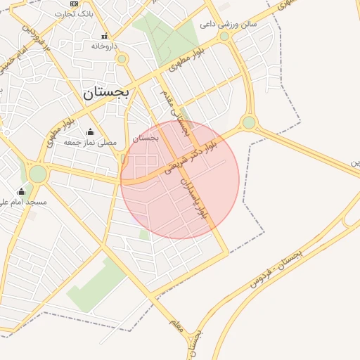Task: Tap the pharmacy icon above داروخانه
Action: pyautogui.click(x=105, y=35)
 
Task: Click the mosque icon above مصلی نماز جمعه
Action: pyautogui.click(x=90, y=131)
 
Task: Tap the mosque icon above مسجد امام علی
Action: pyautogui.click(x=21, y=191)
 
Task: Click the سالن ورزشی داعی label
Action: pyautogui.click(x=229, y=24)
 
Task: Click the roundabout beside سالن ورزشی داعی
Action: pyautogui.click(x=224, y=36)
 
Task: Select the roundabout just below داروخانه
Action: pyautogui.click(x=122, y=58)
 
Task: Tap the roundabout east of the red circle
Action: pyautogui.click(x=249, y=123)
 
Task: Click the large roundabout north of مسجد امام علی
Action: pyautogui.click(x=37, y=173)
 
